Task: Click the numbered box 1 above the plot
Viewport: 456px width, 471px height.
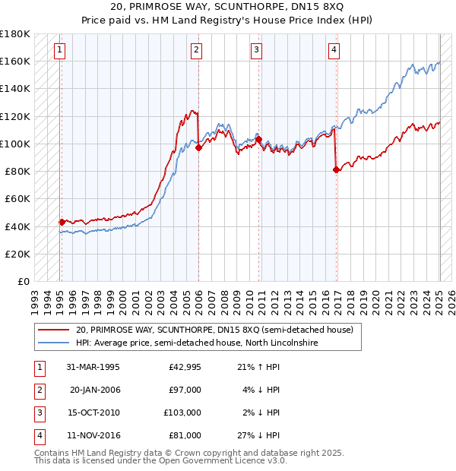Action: (x=59, y=51)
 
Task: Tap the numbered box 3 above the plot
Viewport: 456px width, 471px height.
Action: (x=257, y=51)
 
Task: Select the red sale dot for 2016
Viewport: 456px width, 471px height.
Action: (x=336, y=170)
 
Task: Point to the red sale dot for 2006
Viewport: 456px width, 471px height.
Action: (x=198, y=148)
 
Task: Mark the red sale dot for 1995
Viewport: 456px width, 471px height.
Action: (x=62, y=222)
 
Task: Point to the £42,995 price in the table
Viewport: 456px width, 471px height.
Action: (x=182, y=367)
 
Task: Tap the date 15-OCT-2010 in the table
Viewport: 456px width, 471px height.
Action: (x=93, y=413)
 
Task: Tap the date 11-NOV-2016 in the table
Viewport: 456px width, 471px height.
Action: (x=93, y=435)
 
